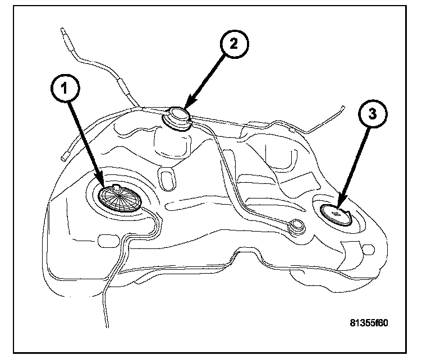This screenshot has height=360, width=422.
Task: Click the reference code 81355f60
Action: point(368,323)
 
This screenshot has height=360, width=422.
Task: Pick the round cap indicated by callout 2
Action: point(177,118)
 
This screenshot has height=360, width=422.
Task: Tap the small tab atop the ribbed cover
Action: point(115,186)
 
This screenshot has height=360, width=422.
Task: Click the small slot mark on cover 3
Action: point(336,214)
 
